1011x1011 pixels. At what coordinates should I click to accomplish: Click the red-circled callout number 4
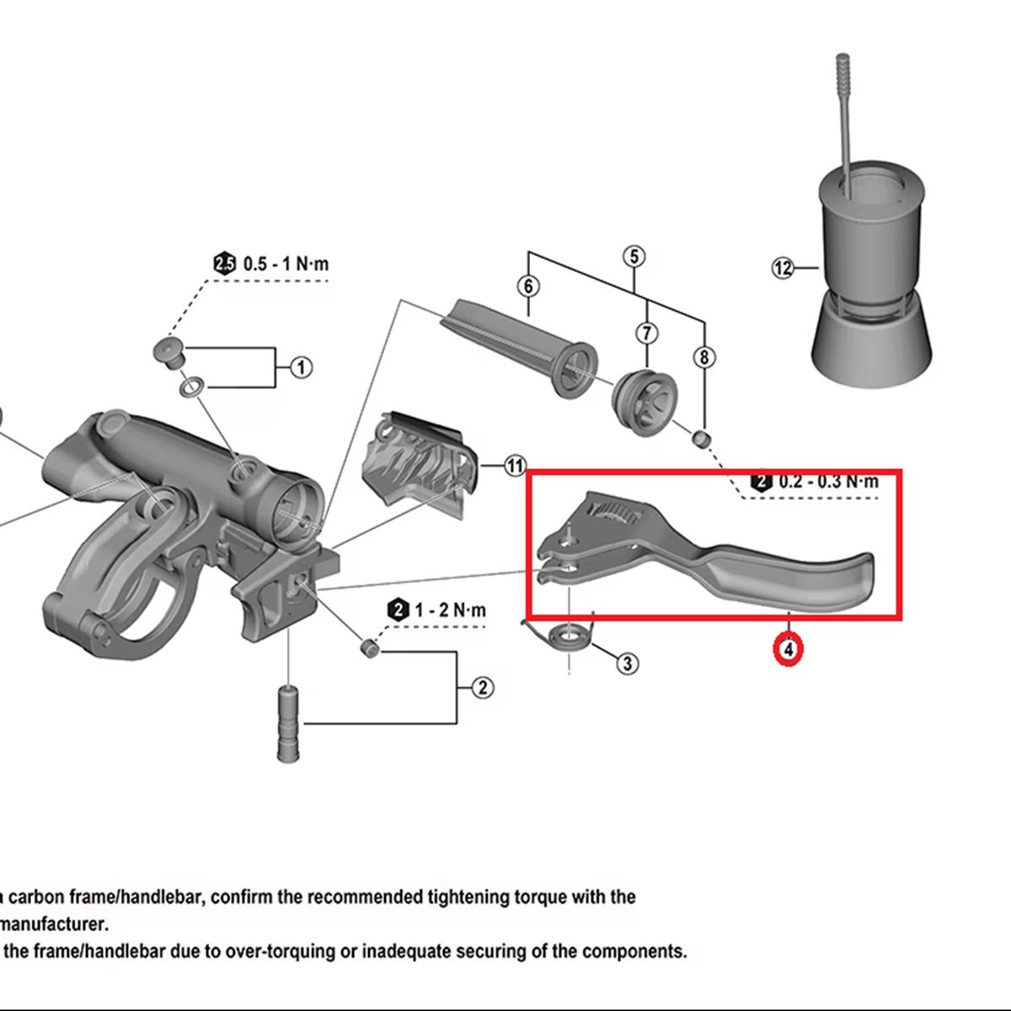(788, 650)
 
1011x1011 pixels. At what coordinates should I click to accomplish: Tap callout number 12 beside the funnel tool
(783, 268)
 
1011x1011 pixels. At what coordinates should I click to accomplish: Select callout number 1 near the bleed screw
(301, 367)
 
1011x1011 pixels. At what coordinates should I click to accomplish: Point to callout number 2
(482, 687)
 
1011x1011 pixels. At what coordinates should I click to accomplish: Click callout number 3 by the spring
(628, 664)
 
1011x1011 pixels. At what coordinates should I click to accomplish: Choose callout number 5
(634, 257)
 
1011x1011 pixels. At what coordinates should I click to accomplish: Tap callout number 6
(528, 286)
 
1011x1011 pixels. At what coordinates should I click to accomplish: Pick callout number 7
(647, 333)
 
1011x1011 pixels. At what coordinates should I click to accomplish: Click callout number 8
(704, 358)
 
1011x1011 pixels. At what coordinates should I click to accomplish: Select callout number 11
(516, 466)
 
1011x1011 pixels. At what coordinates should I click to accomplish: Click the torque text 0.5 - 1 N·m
(286, 264)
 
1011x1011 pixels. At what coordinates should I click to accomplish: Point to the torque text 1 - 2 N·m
(450, 610)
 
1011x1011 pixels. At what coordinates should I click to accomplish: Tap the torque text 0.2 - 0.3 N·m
(828, 481)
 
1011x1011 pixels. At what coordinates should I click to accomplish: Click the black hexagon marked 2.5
(225, 264)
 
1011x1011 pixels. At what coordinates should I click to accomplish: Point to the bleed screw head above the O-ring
(170, 353)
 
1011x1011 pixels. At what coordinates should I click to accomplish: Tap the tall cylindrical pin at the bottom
(288, 723)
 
